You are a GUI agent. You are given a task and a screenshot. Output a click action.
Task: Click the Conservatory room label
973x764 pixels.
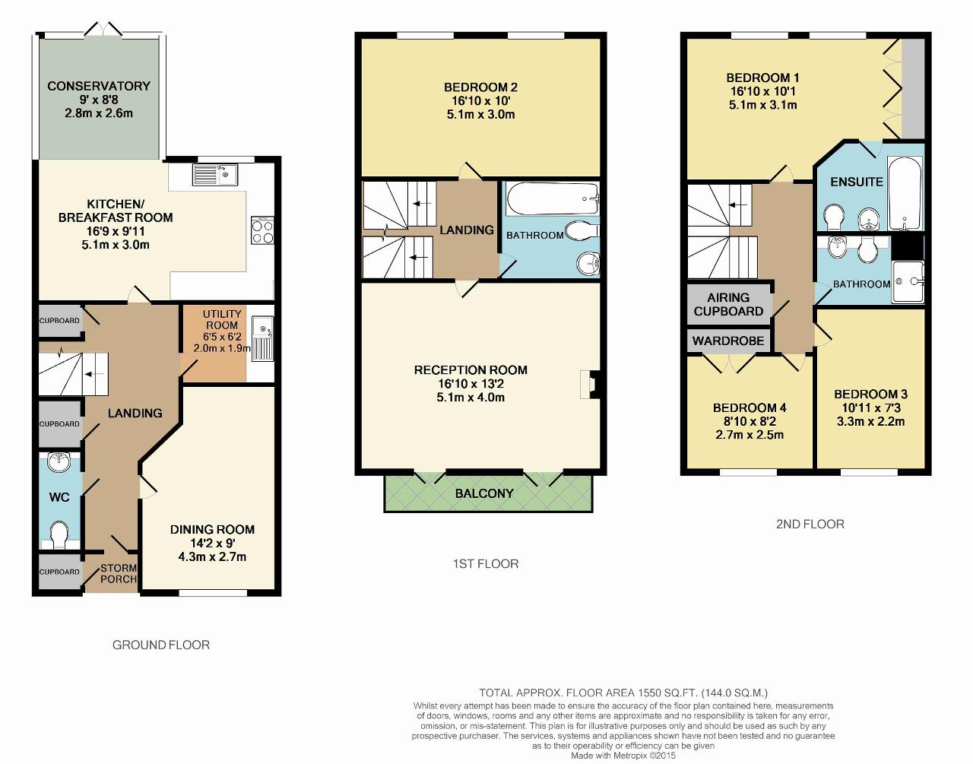point(99,86)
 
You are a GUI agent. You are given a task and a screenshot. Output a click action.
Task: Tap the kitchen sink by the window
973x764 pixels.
point(215,175)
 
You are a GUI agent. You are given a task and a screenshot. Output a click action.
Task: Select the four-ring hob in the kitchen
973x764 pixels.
point(262,230)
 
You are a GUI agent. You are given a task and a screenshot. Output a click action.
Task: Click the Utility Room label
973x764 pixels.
point(222,319)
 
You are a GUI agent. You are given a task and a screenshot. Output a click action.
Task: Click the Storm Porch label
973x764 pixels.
point(119,573)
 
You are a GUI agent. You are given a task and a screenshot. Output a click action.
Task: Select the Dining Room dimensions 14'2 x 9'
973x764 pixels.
point(212,544)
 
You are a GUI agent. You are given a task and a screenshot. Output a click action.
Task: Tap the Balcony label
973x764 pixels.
point(484,493)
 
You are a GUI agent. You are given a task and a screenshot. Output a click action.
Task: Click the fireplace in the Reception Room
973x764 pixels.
point(590,384)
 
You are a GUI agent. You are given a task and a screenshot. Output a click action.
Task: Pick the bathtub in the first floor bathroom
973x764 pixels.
point(553,198)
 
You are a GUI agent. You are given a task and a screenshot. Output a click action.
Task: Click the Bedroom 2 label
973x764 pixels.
point(480,87)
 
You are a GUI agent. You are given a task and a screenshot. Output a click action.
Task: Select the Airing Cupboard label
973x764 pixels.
point(728,304)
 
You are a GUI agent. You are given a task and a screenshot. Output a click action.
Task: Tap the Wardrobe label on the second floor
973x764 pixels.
point(728,341)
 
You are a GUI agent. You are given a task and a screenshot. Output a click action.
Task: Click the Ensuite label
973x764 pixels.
point(857,182)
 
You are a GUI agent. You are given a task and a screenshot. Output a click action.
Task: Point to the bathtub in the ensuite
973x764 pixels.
point(905,193)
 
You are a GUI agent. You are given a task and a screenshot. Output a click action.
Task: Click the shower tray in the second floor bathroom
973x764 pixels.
point(908,281)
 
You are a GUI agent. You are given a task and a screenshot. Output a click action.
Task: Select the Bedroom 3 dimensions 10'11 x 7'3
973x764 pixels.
point(870,407)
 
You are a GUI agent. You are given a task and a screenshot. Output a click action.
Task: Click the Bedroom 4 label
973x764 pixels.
point(750,407)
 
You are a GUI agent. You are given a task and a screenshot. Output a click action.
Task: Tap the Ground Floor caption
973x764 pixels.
point(160,645)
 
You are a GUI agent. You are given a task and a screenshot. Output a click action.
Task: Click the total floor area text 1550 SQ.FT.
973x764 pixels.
point(667,693)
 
